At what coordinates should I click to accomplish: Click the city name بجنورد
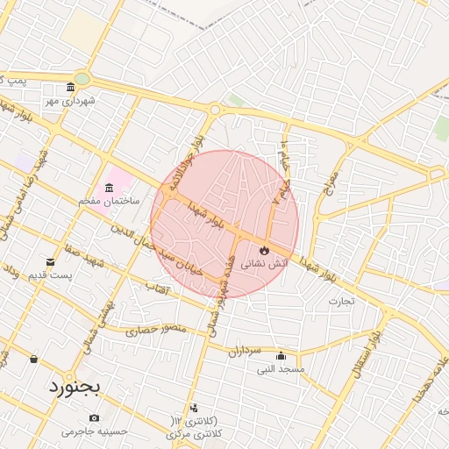point(75,385)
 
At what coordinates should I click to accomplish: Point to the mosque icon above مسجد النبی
point(281,356)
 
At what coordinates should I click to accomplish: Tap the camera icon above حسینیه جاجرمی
point(94,417)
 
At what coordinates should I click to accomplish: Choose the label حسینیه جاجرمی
point(95,431)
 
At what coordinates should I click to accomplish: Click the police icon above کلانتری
point(194,408)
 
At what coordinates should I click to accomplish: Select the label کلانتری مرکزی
point(194,434)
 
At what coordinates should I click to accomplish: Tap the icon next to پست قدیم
point(49,262)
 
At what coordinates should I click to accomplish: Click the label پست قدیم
point(49,275)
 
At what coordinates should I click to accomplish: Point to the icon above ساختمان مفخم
point(109,189)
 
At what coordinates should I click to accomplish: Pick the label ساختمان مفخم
point(104,202)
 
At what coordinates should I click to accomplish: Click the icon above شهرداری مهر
point(70,88)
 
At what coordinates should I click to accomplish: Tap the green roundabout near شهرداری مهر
point(82,79)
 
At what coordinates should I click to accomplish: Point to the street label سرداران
point(246,352)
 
